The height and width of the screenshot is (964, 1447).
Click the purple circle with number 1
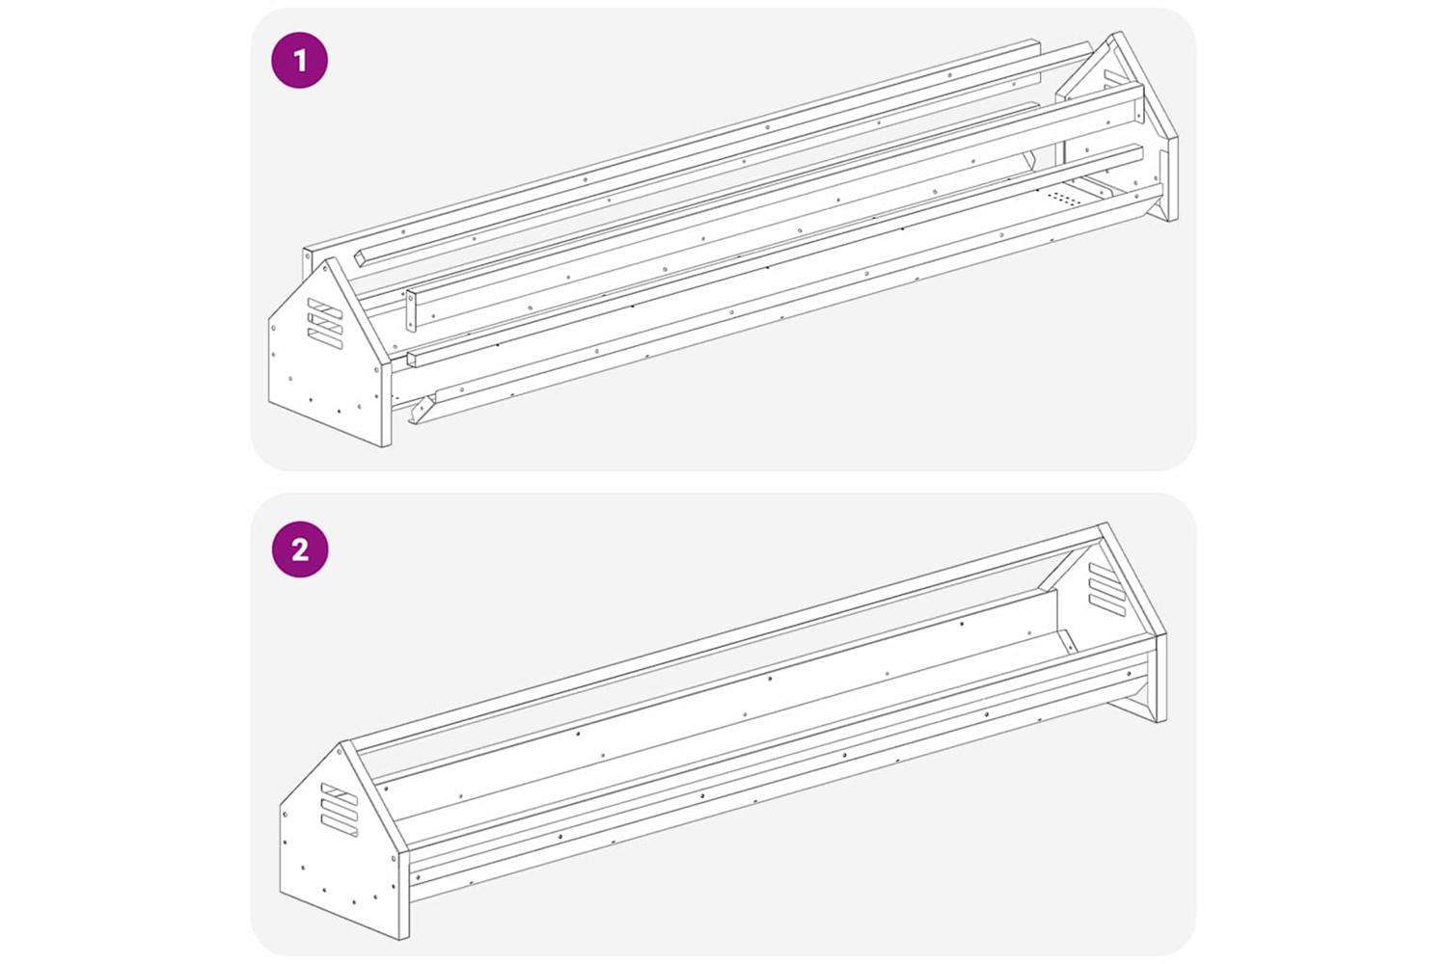point(300,60)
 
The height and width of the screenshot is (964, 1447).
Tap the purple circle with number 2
point(300,549)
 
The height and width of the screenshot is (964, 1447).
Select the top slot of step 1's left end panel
point(325,308)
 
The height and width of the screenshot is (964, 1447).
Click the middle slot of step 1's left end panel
point(325,324)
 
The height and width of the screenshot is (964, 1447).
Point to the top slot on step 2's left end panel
point(340,794)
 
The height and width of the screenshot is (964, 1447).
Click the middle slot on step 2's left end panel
point(340,811)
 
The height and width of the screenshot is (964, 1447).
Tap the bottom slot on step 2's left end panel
point(340,826)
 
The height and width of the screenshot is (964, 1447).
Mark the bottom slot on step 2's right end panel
point(1107,605)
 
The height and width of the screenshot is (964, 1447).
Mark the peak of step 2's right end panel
point(1106,523)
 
